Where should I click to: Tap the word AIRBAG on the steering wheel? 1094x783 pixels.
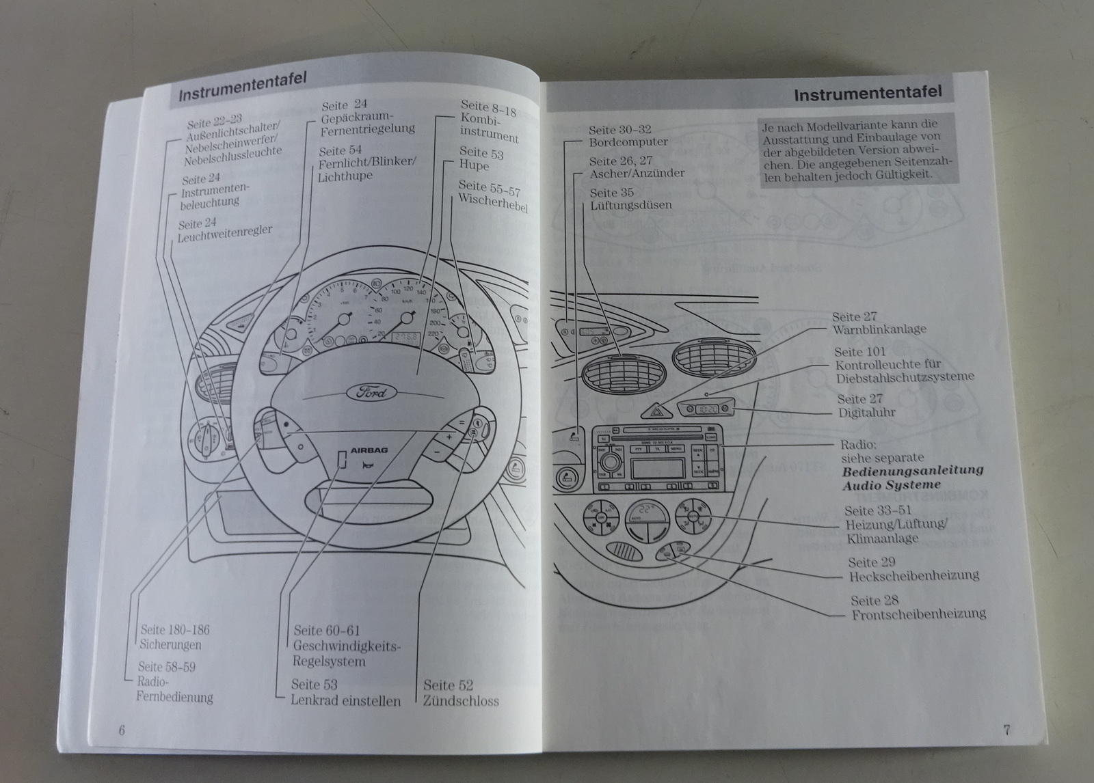pos(369,451)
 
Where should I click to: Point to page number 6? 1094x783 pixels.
pos(122,729)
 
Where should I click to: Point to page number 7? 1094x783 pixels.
pos(1006,729)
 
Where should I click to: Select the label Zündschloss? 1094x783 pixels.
pos(461,700)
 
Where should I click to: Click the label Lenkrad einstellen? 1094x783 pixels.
pos(346,700)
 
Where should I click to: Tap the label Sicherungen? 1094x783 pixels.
pos(171,644)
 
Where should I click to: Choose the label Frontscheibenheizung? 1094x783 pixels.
pos(918,614)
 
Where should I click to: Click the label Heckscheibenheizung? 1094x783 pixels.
pos(913,576)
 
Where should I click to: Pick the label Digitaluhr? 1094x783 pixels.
pos(866,413)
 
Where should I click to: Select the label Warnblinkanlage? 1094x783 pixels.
pos(879,329)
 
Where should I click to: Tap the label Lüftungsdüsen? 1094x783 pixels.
pos(630,205)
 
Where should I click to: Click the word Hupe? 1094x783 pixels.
pos(474,165)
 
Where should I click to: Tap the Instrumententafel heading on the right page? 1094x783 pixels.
pos(867,93)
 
